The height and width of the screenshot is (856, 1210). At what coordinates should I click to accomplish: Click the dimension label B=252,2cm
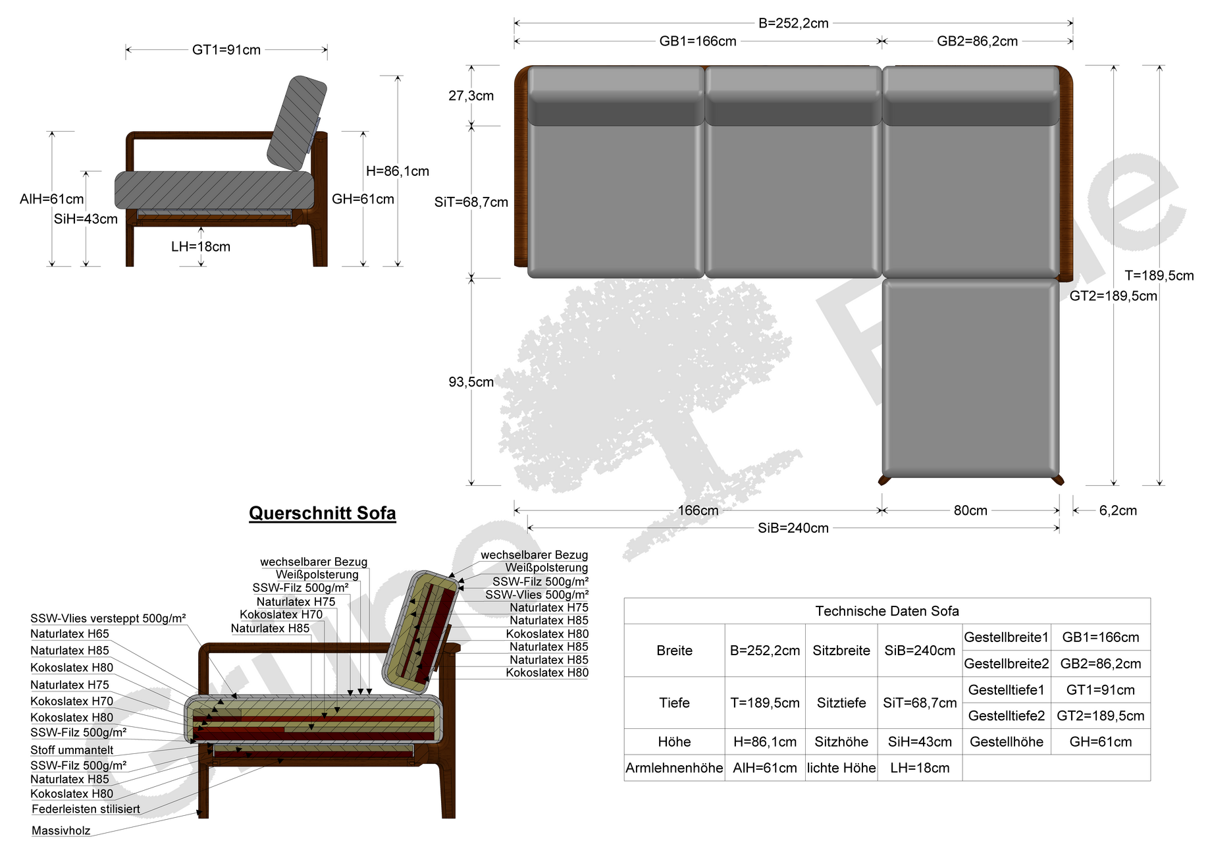tap(793, 23)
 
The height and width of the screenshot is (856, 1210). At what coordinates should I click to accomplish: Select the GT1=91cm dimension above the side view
tap(226, 50)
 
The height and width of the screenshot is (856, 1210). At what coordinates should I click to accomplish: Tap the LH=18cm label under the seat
tap(201, 247)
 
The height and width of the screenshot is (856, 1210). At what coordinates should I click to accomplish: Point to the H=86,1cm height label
tap(398, 171)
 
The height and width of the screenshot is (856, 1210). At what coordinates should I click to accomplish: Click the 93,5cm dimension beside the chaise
tap(471, 382)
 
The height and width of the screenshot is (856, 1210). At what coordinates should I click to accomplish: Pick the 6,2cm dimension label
tap(1118, 510)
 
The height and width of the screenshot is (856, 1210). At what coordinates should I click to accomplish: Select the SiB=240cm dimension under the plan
tap(793, 528)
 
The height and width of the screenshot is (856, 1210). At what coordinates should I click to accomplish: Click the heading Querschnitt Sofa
tap(323, 513)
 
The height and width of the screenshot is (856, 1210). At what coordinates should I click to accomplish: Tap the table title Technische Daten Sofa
tap(887, 611)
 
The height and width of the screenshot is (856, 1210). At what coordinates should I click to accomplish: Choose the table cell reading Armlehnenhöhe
tap(674, 768)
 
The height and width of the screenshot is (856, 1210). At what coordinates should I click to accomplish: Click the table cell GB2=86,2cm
tap(1101, 664)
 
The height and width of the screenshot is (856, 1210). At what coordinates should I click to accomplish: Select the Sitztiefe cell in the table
tap(841, 703)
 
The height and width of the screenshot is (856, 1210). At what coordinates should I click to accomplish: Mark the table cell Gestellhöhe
tap(1007, 742)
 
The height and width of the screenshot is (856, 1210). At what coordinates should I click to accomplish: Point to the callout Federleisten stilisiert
tap(86, 809)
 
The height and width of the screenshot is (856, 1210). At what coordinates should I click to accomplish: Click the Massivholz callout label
tap(61, 831)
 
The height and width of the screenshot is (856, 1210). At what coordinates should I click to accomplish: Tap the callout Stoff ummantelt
tap(72, 750)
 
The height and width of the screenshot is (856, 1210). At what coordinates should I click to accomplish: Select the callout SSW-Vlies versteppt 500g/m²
tap(108, 618)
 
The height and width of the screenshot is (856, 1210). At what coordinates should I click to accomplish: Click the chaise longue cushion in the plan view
tap(970, 378)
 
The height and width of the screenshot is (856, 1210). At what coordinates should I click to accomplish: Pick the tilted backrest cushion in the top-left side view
tap(297, 122)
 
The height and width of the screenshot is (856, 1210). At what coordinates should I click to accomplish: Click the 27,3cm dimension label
tap(471, 96)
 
